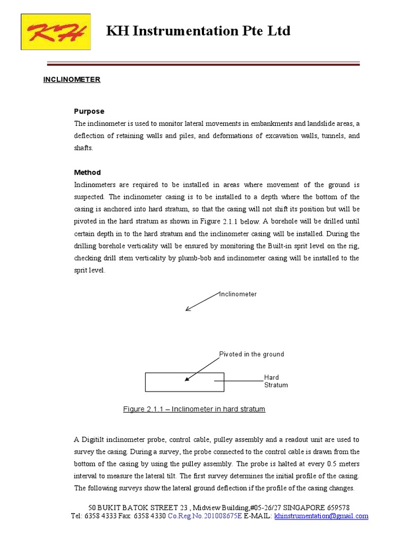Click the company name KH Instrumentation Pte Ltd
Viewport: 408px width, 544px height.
[198, 31]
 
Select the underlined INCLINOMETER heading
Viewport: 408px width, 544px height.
[72, 80]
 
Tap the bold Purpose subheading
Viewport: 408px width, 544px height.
[89, 111]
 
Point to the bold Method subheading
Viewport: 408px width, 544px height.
[87, 173]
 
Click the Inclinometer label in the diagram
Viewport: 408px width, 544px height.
[238, 294]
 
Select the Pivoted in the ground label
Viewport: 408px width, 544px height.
[251, 354]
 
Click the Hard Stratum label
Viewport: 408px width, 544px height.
[276, 381]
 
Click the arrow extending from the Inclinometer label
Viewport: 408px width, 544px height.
[202, 302]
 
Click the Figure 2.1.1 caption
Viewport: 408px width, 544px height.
[194, 409]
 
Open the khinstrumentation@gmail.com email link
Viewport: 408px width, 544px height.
[321, 516]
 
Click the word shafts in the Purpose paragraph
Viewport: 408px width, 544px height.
[83, 148]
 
